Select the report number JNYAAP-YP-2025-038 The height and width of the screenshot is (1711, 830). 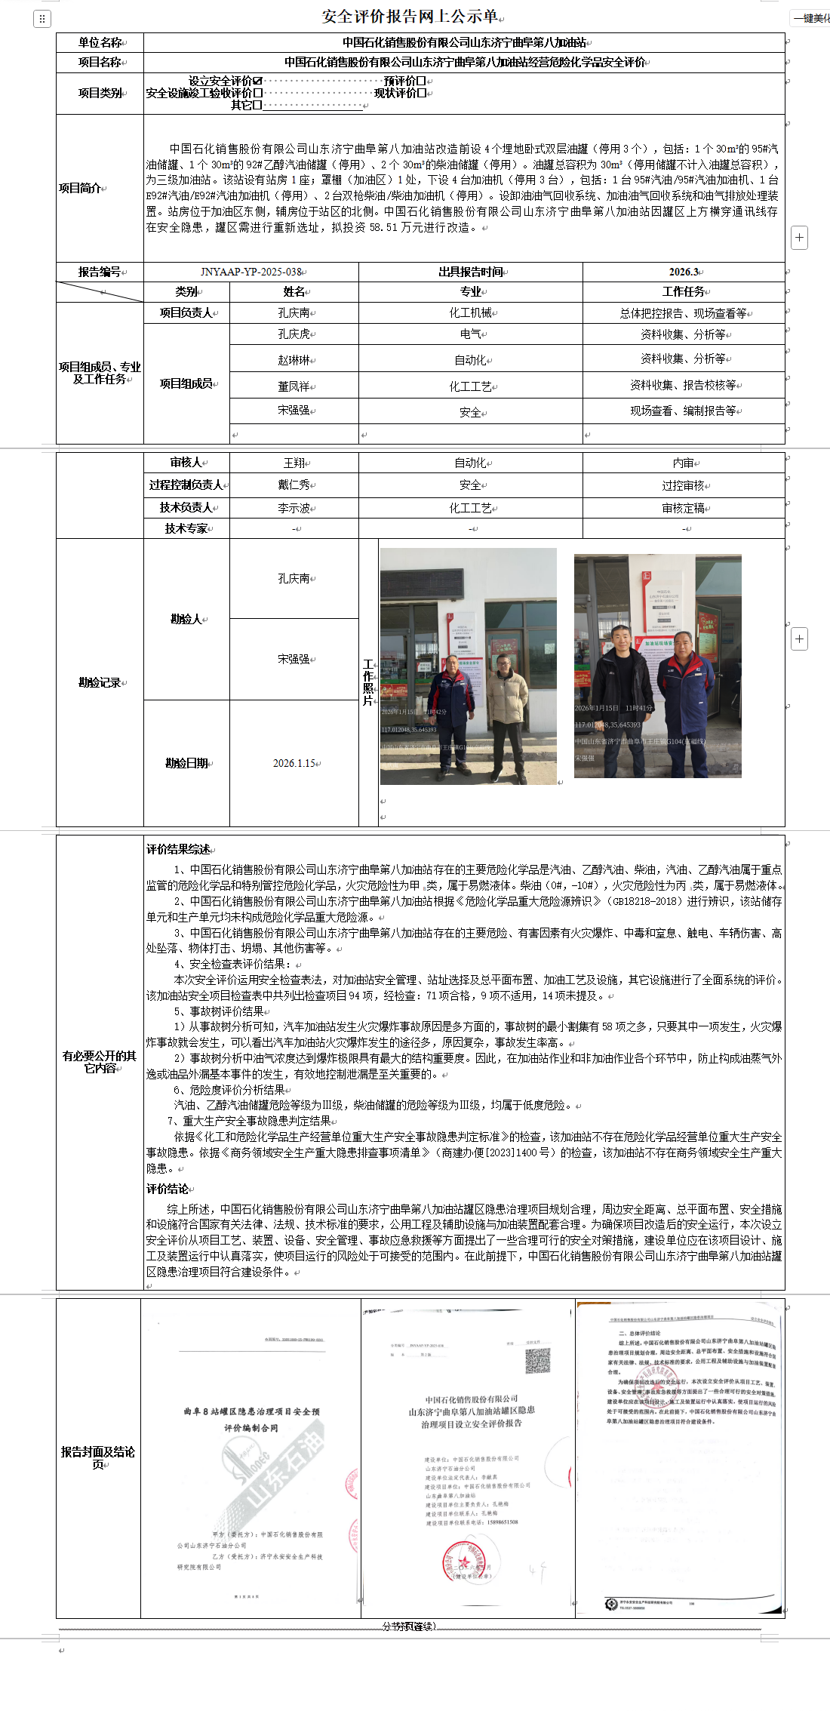[251, 272]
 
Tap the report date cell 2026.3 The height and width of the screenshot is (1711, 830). [684, 272]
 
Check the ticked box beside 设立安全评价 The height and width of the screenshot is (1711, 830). [258, 81]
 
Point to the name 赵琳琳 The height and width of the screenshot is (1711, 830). [294, 360]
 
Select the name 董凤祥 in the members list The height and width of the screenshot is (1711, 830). [294, 386]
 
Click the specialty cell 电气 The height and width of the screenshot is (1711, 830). [470, 334]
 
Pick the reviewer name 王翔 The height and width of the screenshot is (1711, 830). [294, 463]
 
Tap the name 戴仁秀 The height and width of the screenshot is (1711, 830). [294, 485]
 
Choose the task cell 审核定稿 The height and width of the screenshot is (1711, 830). [683, 508]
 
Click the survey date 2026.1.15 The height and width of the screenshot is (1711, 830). [294, 763]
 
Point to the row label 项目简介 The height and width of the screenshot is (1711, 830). [83, 188]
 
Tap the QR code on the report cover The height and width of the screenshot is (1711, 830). [537, 1361]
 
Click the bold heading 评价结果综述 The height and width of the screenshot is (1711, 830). [178, 849]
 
